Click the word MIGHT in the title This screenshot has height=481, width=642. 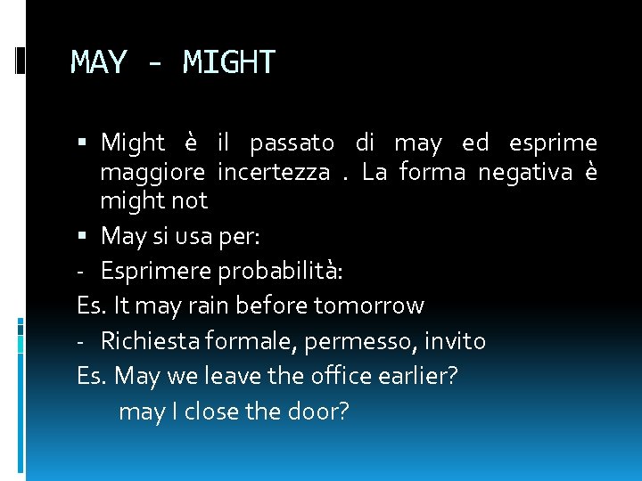[x=229, y=62]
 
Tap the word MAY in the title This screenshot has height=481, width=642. [x=99, y=62]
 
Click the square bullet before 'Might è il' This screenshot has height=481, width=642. [x=83, y=143]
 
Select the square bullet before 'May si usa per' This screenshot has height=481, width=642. [x=83, y=236]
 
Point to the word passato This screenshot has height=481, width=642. [x=292, y=143]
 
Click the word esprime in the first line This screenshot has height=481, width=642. [x=553, y=143]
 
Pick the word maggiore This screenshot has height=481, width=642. [x=152, y=172]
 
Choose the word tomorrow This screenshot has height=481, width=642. [x=369, y=306]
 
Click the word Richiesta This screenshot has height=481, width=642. [x=147, y=340]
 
